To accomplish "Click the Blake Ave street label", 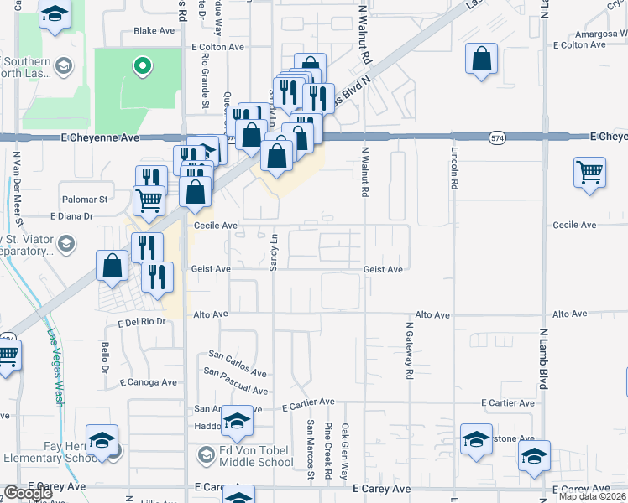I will pyautogui.click(x=154, y=31).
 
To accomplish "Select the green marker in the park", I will pyautogui.click(x=143, y=65).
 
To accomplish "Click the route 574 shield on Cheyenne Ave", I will pyautogui.click(x=499, y=136).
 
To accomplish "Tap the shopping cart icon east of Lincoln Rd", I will pyautogui.click(x=589, y=174).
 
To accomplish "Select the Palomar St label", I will pyautogui.click(x=86, y=200).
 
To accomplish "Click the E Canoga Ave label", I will pyautogui.click(x=148, y=382).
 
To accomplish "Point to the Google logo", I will pyautogui.click(x=27, y=493).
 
